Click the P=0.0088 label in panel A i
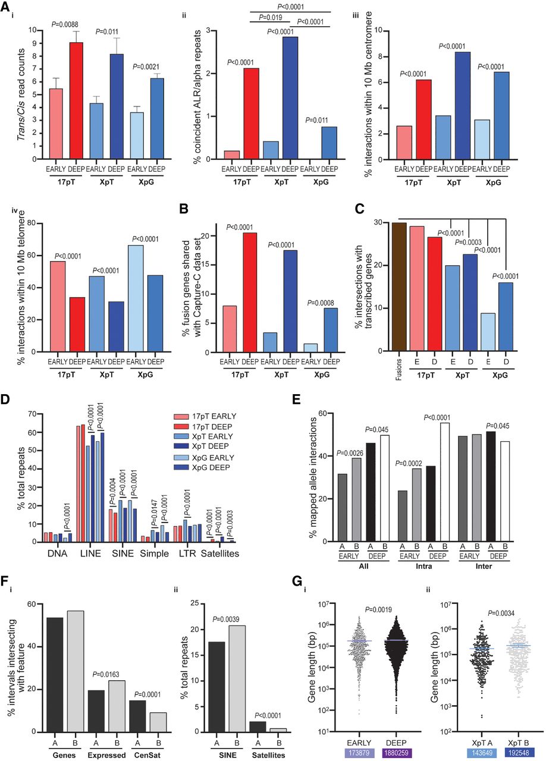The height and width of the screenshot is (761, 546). point(65,24)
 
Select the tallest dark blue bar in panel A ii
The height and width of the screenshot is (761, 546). point(290,98)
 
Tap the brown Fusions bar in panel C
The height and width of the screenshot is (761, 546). point(399,287)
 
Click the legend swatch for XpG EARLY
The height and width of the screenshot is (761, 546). point(181,458)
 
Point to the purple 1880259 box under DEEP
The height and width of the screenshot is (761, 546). point(396,753)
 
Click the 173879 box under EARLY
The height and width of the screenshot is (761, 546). point(359,753)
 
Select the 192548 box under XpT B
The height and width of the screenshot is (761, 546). point(519,753)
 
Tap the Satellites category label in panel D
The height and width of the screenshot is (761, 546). point(220,554)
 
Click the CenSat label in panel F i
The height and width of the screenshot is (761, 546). point(148,755)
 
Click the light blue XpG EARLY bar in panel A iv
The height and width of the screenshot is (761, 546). point(135,298)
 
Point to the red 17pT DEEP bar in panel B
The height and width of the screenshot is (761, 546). point(250,293)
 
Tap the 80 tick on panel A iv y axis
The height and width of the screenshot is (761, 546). point(32,223)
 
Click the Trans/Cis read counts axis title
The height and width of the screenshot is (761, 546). point(21,95)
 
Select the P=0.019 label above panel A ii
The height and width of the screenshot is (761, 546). point(271,17)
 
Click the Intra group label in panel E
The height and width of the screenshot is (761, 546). point(424,567)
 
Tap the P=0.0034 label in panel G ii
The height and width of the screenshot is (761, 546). point(501,613)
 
